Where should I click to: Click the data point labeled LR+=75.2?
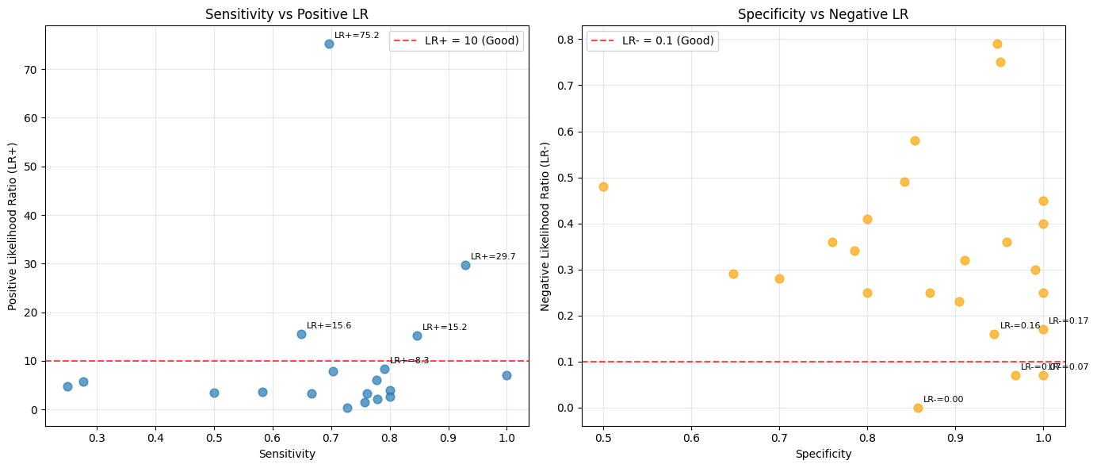tap(329, 44)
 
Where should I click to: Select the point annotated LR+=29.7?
tap(465, 265)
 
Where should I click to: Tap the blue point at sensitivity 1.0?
tap(506, 375)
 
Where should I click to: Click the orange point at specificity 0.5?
tap(603, 186)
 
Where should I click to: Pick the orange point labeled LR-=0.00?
tap(918, 408)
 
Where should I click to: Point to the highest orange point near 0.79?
tap(997, 44)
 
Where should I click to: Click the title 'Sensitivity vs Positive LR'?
tap(286, 13)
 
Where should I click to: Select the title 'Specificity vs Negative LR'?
tap(823, 13)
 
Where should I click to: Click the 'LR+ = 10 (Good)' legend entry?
tap(455, 41)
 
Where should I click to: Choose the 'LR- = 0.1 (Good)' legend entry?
tap(652, 41)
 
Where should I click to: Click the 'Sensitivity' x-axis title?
tap(287, 455)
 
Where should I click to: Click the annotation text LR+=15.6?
tap(328, 325)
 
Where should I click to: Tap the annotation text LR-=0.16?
tap(1019, 325)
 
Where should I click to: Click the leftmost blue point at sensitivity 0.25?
tap(67, 386)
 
